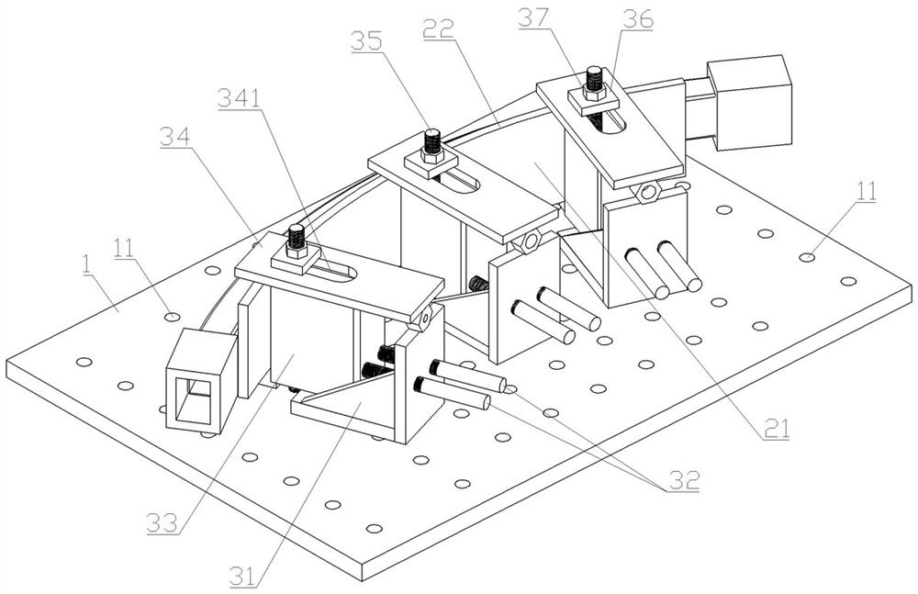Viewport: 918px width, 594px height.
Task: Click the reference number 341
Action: point(238,99)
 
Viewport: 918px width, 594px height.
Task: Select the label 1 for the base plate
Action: point(86,263)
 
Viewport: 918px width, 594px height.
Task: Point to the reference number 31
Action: point(243,576)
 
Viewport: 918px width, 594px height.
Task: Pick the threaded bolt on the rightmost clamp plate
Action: point(593,81)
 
